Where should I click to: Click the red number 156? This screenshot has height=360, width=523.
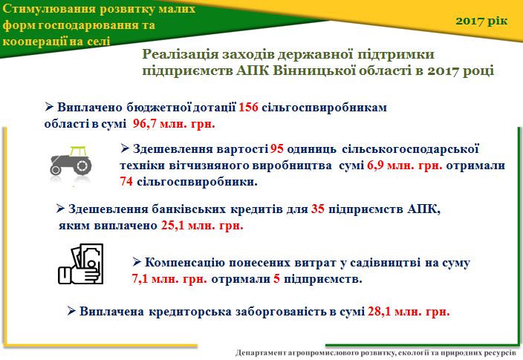pos(248,108)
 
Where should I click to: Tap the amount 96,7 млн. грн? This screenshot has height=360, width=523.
pos(174,124)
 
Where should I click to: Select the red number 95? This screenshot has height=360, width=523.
pos(277,148)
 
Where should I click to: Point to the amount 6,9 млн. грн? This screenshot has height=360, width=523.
pos(405,166)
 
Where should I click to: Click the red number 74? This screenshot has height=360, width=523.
pos(126,182)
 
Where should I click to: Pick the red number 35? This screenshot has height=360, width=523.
pos(318,209)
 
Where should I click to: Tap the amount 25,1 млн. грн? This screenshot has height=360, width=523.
pos(202,226)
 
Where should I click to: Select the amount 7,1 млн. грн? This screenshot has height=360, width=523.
pos(169,278)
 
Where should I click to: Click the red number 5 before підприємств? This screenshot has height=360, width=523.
pos(276,278)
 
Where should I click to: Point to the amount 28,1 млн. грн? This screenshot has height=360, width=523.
pos(409,311)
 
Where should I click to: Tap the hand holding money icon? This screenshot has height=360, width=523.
pos(81,264)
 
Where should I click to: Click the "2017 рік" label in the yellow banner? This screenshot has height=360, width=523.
pos(481,21)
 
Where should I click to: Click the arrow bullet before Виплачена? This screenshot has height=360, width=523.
pos(71,311)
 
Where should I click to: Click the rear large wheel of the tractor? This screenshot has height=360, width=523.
pos(82,166)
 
